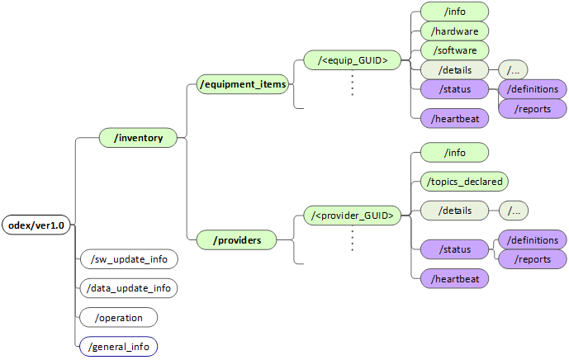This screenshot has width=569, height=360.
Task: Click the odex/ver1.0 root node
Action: pyautogui.click(x=36, y=225)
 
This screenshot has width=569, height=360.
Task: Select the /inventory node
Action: pyautogui.click(x=138, y=138)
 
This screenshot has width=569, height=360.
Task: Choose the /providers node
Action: pyautogui.click(x=237, y=240)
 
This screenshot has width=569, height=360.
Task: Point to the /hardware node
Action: pyautogui.click(x=454, y=31)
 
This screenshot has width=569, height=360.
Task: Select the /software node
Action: pyautogui.click(x=454, y=50)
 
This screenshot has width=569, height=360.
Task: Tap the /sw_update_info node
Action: pyautogui.click(x=128, y=259)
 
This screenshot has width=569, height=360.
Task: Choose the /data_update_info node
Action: pyautogui.click(x=128, y=288)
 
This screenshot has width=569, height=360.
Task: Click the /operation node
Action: pyautogui.click(x=119, y=317)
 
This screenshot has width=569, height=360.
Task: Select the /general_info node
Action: pyautogui.click(x=119, y=346)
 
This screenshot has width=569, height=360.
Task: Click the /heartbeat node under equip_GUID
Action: pyautogui.click(x=454, y=119)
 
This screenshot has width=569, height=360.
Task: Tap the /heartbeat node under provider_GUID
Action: pyautogui.click(x=454, y=279)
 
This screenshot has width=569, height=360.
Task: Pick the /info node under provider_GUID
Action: pyautogui.click(x=454, y=153)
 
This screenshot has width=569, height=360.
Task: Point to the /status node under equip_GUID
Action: pyautogui.click(x=454, y=88)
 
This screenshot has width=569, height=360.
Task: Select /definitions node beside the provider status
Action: pyautogui.click(x=533, y=239)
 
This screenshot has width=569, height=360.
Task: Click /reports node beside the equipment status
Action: pyautogui.click(x=533, y=108)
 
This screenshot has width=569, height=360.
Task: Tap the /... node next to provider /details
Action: pyautogui.click(x=514, y=211)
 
